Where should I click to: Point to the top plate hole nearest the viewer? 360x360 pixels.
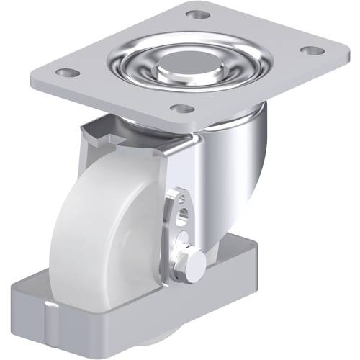(x=184, y=109)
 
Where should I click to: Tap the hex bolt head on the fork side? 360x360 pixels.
(x=194, y=266)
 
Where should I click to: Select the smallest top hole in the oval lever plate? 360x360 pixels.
(x=180, y=199)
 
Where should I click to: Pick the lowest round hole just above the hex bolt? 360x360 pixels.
(x=185, y=238)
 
